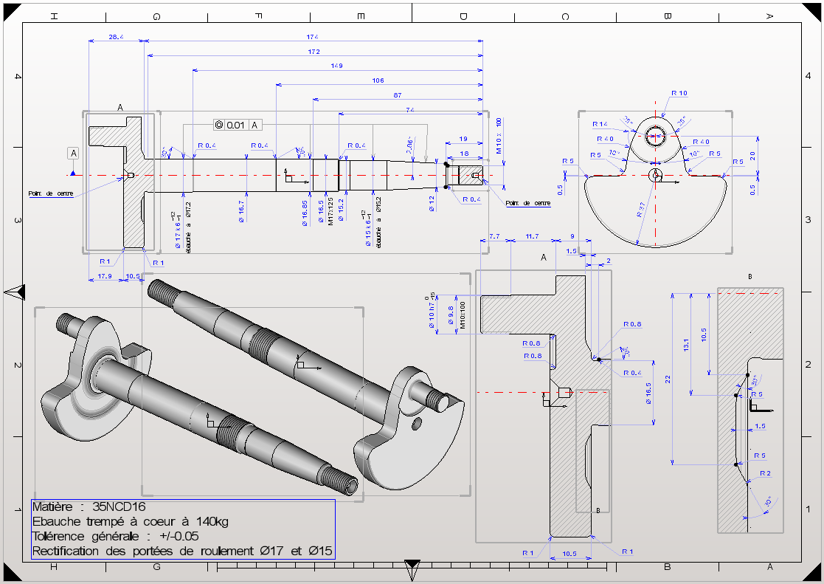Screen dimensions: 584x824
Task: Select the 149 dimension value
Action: (x=337, y=66)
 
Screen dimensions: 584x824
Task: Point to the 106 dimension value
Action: (x=378, y=80)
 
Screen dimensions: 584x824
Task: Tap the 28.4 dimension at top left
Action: (x=116, y=36)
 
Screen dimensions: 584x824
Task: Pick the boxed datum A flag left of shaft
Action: (x=73, y=153)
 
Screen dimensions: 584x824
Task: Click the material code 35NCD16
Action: (x=120, y=507)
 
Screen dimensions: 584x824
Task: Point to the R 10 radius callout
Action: (x=679, y=93)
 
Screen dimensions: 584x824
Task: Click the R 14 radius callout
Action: (x=599, y=124)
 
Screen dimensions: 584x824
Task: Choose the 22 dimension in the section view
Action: (x=667, y=379)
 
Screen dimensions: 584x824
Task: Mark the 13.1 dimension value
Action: (x=686, y=344)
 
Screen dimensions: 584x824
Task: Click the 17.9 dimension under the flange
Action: (x=105, y=276)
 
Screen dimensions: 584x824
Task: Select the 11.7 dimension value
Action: (x=531, y=236)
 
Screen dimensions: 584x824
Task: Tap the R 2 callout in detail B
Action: (x=764, y=473)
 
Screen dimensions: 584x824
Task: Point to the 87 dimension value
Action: (x=398, y=95)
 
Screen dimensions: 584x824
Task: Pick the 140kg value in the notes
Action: (x=213, y=522)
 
